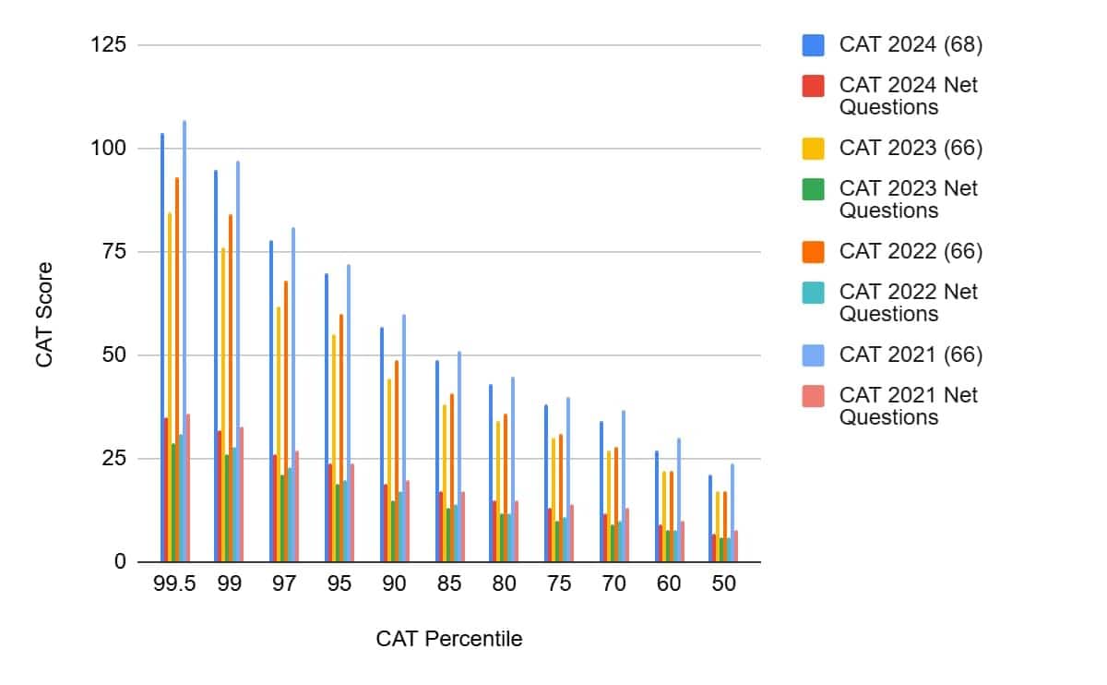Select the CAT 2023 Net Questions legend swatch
point(813,188)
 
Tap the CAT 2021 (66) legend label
point(911,355)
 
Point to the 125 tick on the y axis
point(109,44)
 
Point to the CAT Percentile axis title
point(448,639)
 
